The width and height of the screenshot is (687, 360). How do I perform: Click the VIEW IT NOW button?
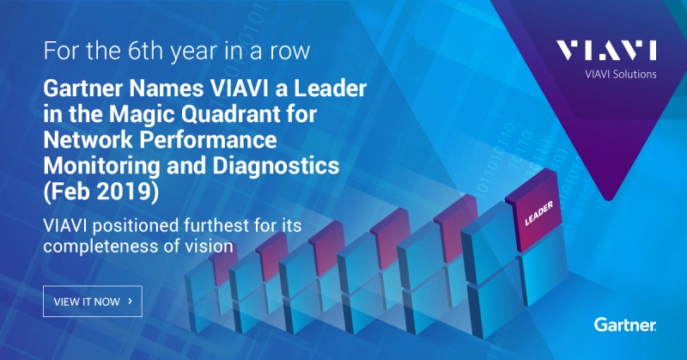pyautogui.click(x=92, y=302)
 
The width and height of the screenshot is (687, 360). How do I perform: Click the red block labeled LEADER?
pyautogui.click(x=537, y=211)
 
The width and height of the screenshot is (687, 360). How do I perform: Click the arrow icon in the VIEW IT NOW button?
pyautogui.click(x=129, y=302)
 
